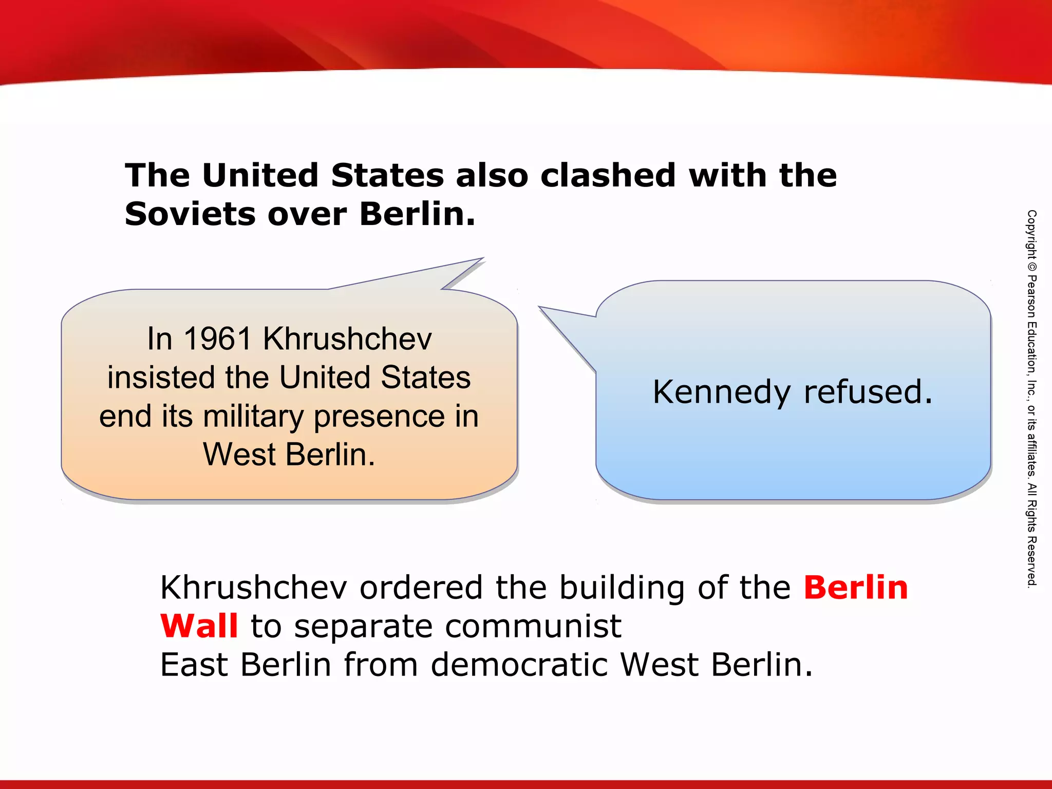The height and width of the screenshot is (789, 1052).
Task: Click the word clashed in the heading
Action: (x=608, y=176)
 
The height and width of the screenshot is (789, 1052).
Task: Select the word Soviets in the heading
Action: (x=190, y=214)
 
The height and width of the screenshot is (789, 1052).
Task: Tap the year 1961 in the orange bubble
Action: (x=217, y=340)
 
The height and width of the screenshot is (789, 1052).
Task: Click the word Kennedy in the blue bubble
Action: (x=721, y=393)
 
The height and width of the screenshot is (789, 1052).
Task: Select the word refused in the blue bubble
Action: (x=868, y=392)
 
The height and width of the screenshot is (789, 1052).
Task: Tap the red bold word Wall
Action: (x=199, y=627)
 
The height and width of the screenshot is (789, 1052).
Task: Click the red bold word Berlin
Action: (x=856, y=588)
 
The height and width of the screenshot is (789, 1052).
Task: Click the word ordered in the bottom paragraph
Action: (x=421, y=588)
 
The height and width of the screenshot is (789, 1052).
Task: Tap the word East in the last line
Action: (x=194, y=665)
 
